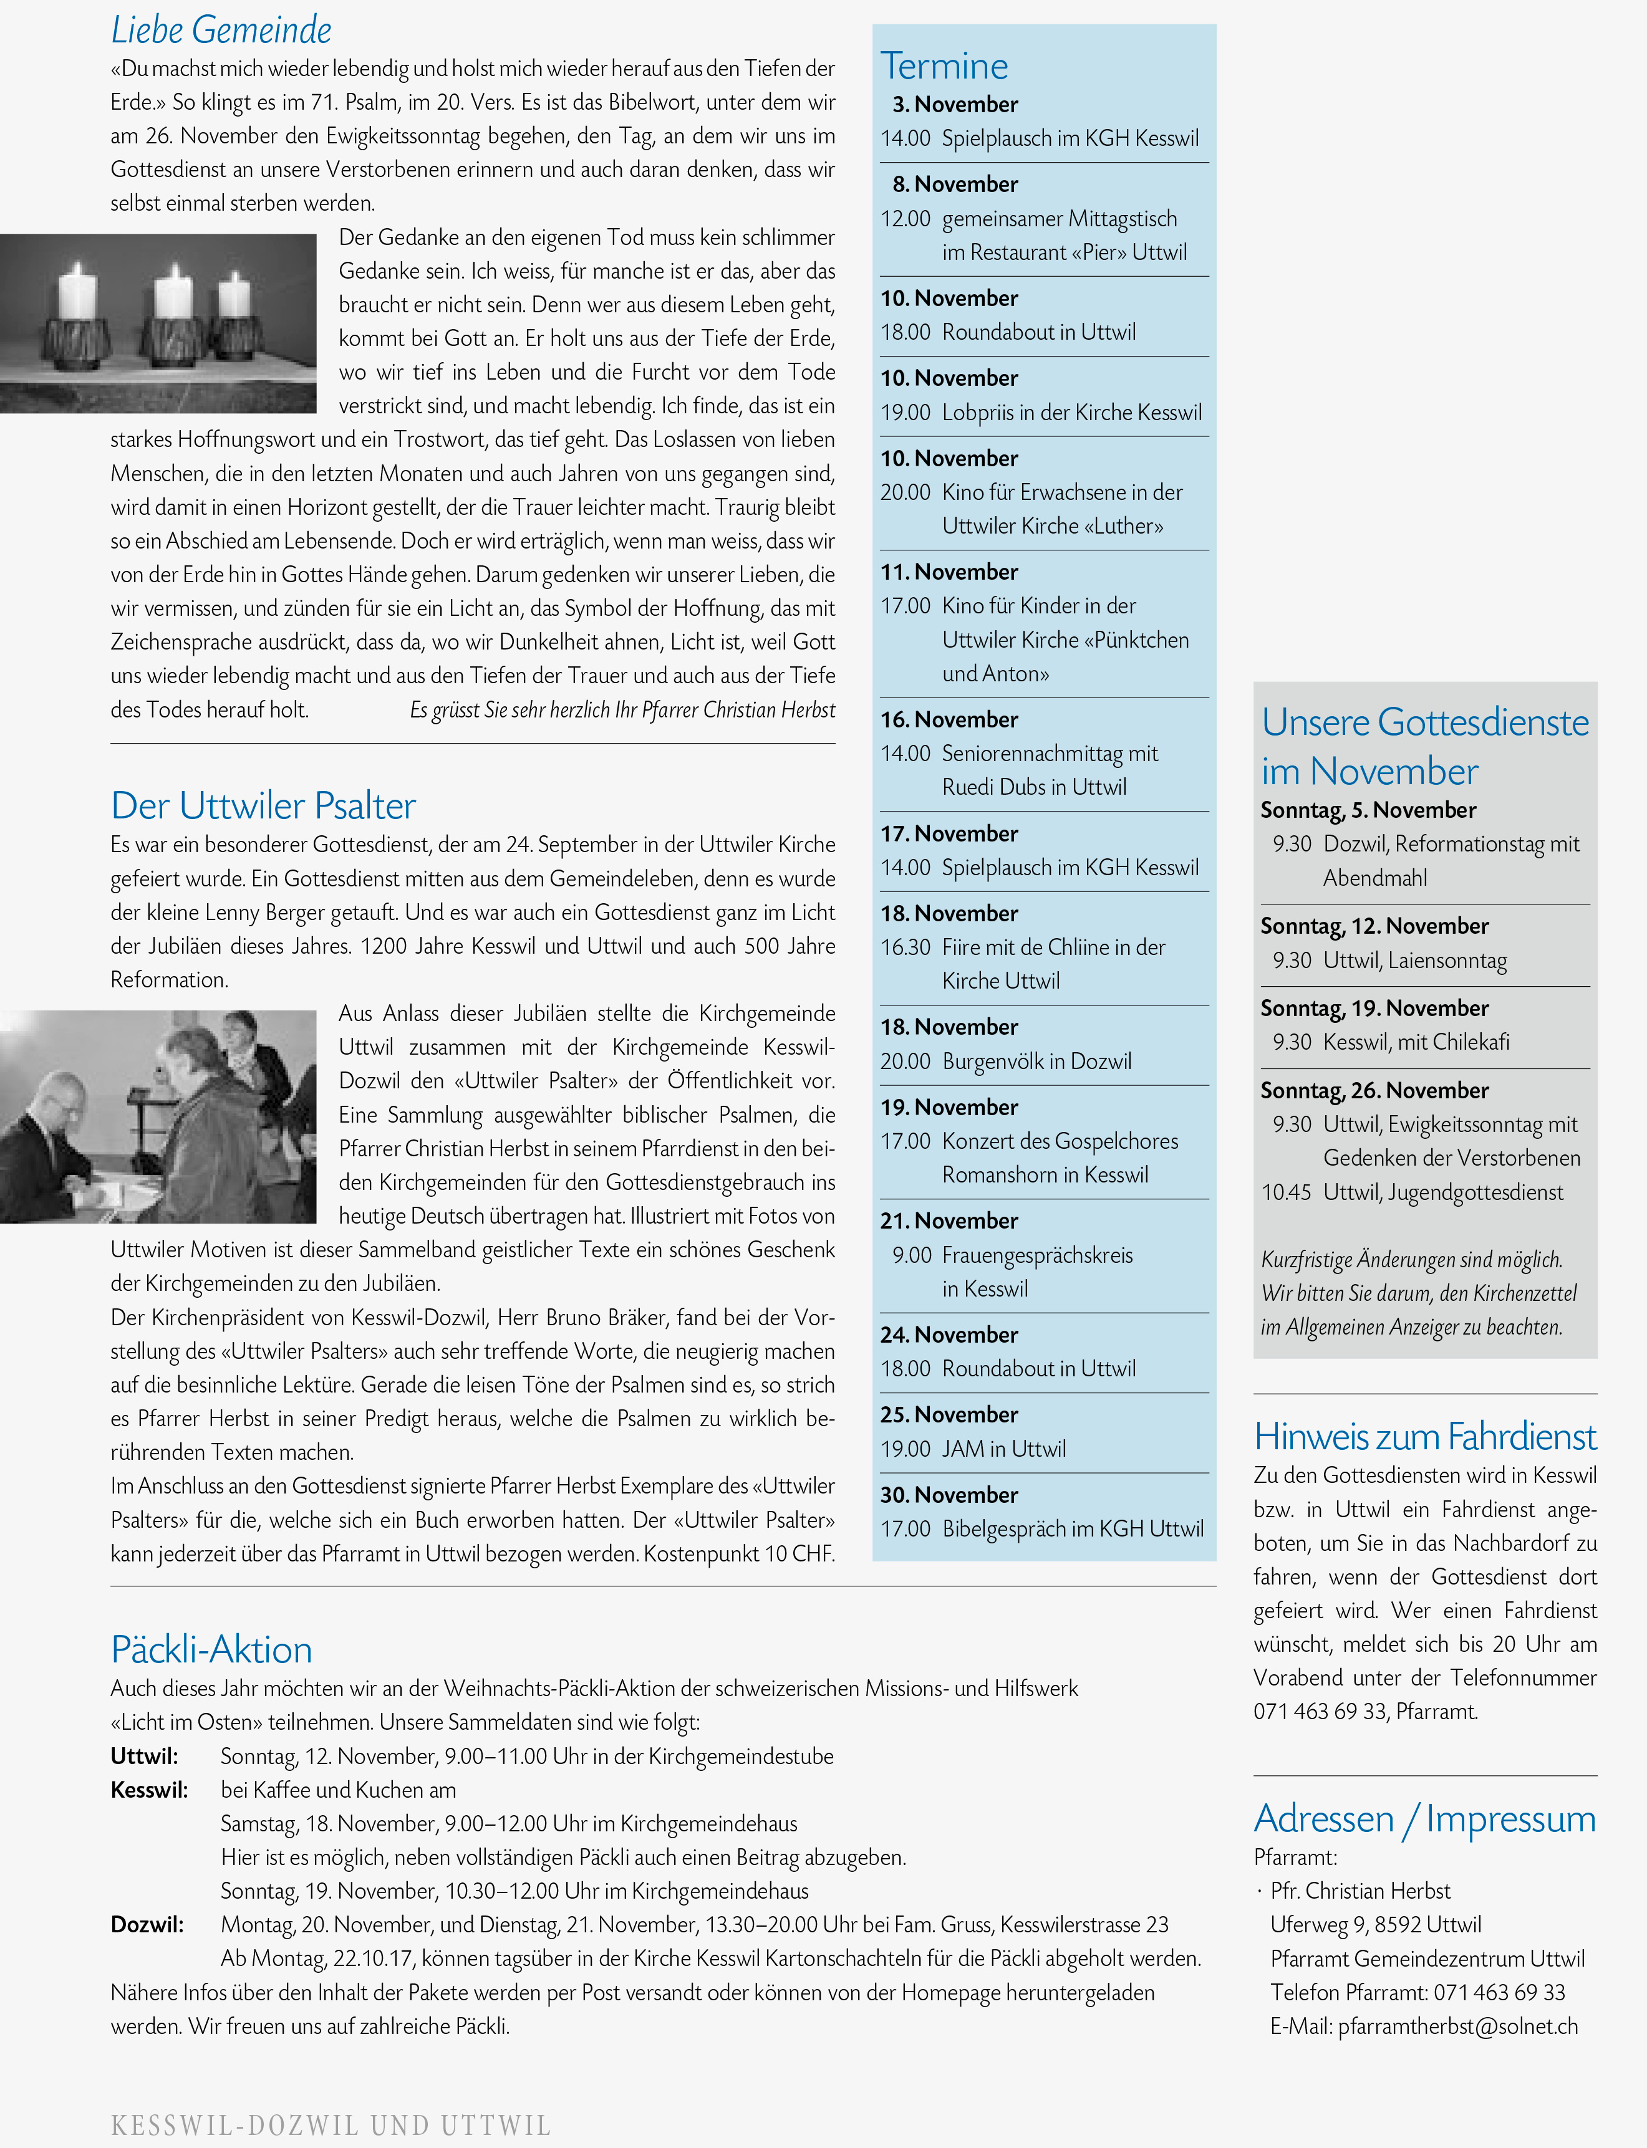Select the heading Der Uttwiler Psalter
(x=263, y=805)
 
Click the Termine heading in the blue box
(x=944, y=65)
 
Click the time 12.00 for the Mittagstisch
(x=905, y=219)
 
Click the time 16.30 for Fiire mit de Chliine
(x=905, y=947)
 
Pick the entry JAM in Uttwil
(x=1003, y=1449)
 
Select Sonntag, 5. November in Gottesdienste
(x=1368, y=810)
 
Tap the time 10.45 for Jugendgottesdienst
(x=1286, y=1192)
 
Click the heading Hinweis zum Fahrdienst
(x=1424, y=1437)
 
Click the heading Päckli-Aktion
(x=212, y=1649)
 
